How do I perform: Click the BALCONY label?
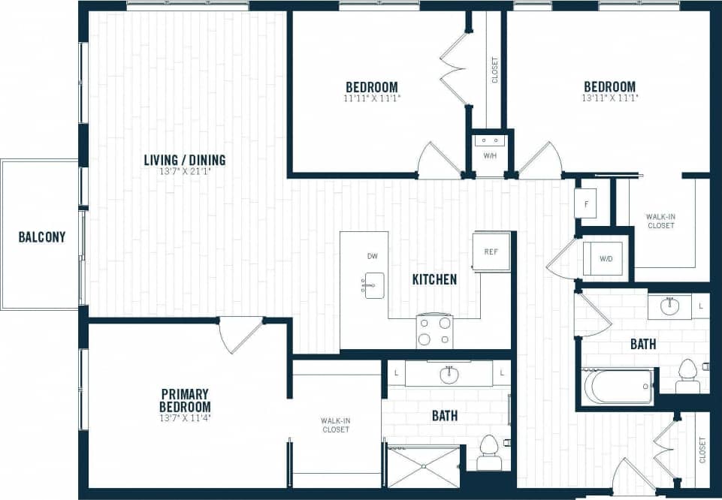[x=41, y=237]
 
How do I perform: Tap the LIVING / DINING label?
[x=185, y=160]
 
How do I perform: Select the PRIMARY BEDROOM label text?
[x=185, y=400]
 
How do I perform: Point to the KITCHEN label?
[x=434, y=279]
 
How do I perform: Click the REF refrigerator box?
[x=491, y=251]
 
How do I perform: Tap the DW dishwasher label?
[x=372, y=257]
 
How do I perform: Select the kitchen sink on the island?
[x=374, y=285]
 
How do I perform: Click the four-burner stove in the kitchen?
[x=435, y=331]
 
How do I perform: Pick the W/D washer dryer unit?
[x=605, y=258]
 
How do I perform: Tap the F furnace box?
[x=585, y=203]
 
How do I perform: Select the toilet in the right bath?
[x=687, y=375]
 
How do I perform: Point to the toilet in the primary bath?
[x=490, y=453]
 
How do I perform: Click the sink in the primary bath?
[x=449, y=373]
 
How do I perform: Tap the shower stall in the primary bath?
[x=422, y=466]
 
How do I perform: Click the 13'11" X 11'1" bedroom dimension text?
[x=609, y=98]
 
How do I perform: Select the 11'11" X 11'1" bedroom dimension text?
[x=372, y=98]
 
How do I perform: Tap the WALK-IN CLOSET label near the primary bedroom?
[x=335, y=426]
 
